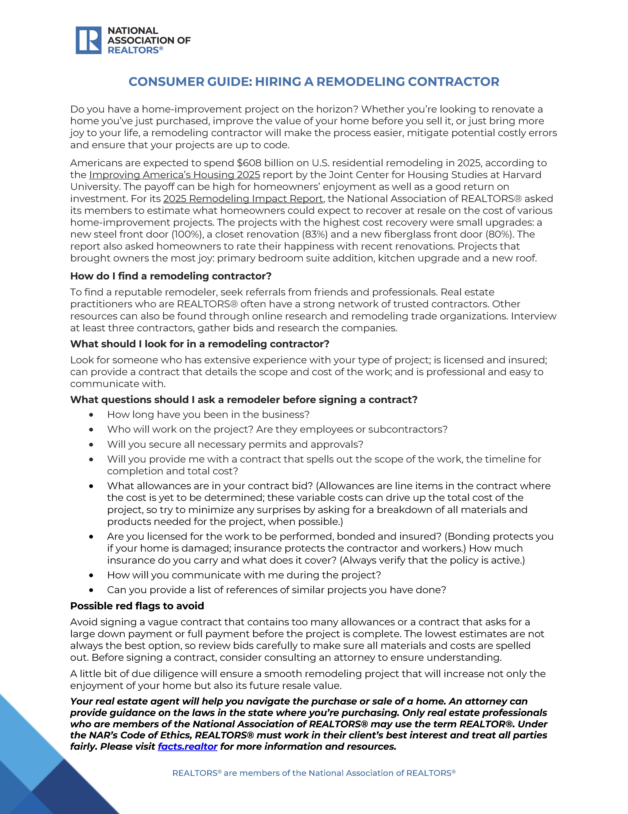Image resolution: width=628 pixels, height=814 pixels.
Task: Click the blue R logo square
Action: (x=88, y=40)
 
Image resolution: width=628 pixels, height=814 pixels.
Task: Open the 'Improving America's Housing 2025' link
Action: (x=174, y=175)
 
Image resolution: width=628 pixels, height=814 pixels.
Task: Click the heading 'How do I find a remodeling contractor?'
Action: (x=171, y=276)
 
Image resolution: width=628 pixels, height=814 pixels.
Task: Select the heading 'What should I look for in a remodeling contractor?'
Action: (x=200, y=344)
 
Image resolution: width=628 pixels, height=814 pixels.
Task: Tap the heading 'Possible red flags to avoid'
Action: (x=137, y=606)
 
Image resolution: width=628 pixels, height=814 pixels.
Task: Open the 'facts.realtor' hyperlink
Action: (x=188, y=747)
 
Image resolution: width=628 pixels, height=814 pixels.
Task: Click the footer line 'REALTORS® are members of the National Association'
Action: (x=314, y=773)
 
